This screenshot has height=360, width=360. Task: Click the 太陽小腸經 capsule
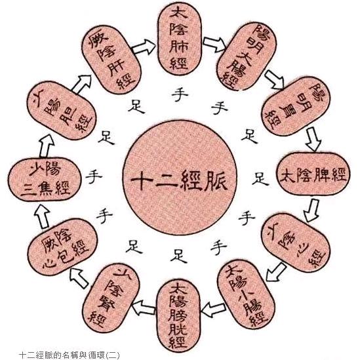click(x=247, y=295)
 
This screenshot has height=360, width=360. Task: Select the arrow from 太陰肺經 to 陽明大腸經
click(x=212, y=45)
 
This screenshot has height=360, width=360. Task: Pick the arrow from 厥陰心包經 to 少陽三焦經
click(x=43, y=212)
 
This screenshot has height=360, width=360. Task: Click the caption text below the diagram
click(x=65, y=353)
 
